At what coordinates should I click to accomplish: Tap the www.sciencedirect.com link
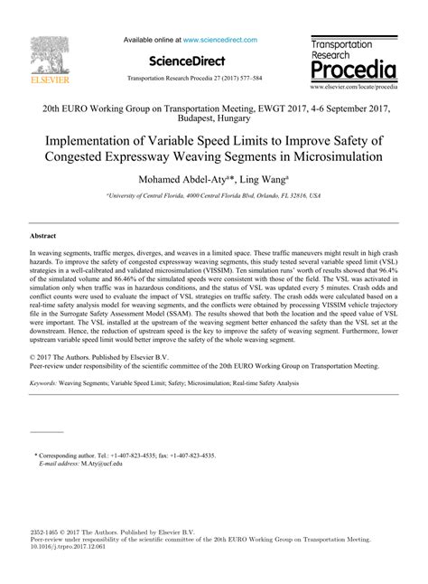[219, 40]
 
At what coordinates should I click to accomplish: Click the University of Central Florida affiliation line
[214, 195]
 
